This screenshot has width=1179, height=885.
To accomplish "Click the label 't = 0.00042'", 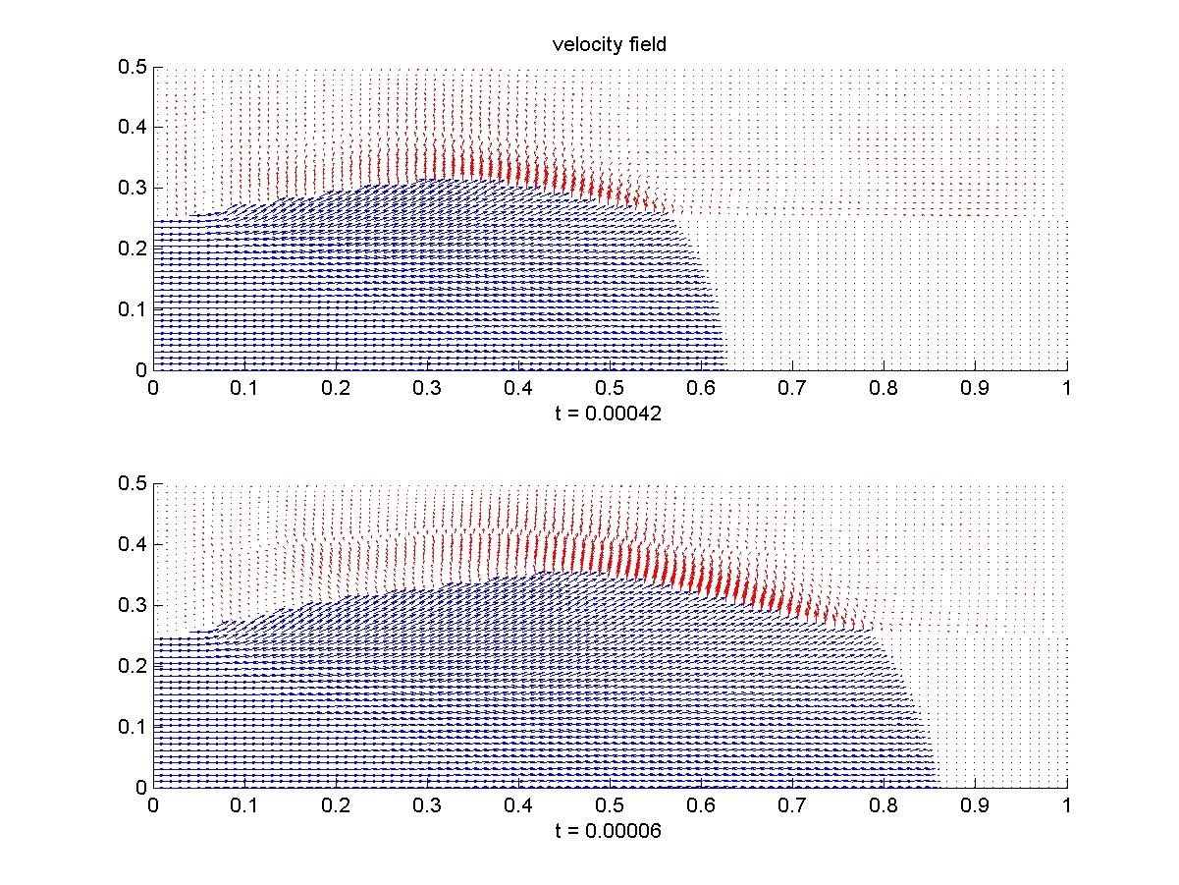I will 609,415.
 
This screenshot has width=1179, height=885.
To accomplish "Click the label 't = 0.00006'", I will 609,831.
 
